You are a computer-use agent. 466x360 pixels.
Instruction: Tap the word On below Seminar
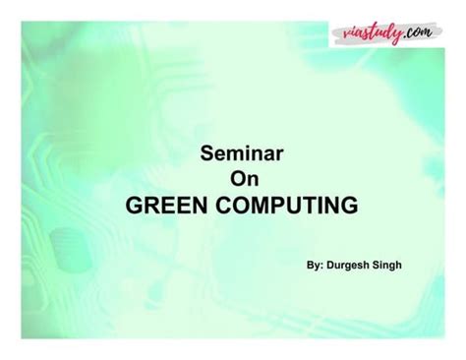pos(242,180)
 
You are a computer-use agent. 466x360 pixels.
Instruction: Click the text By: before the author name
pos(316,266)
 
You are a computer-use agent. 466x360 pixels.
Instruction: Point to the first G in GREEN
pos(137,207)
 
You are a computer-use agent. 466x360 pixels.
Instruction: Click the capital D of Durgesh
pos(332,266)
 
